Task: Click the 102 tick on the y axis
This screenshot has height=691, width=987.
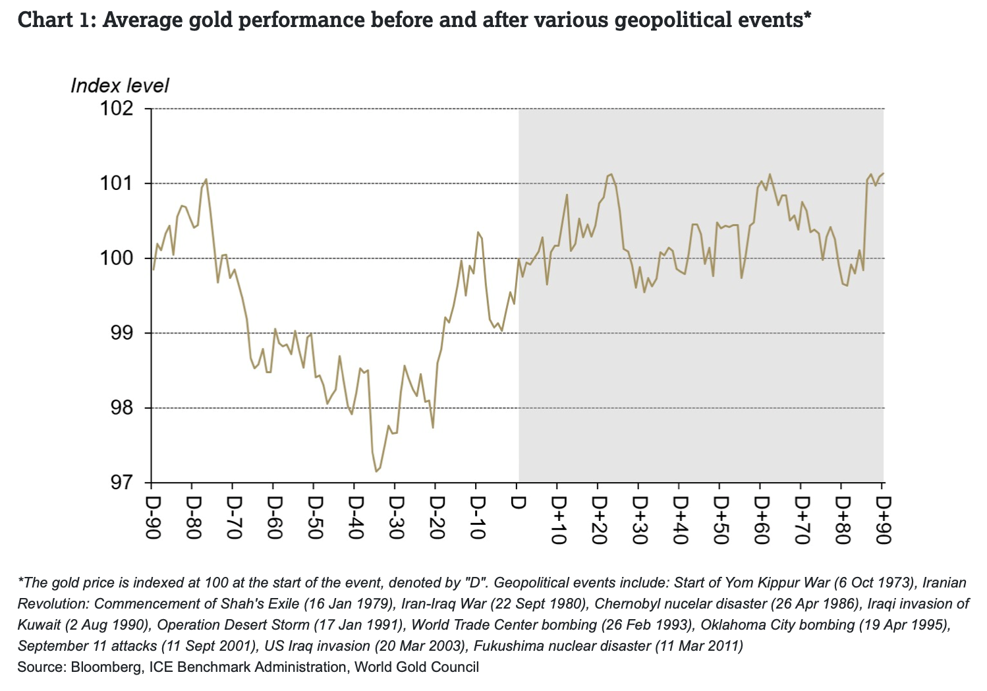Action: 117,108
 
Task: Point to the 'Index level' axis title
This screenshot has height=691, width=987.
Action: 119,86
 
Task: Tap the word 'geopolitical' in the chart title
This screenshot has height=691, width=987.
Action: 669,20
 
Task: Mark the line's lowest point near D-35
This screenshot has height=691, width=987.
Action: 376,471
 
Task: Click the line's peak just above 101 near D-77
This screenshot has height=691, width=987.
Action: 206,179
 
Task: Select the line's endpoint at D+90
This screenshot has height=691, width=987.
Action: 884,173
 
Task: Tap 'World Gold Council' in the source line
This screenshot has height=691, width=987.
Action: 416,667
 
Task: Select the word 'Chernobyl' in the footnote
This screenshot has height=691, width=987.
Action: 626,604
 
